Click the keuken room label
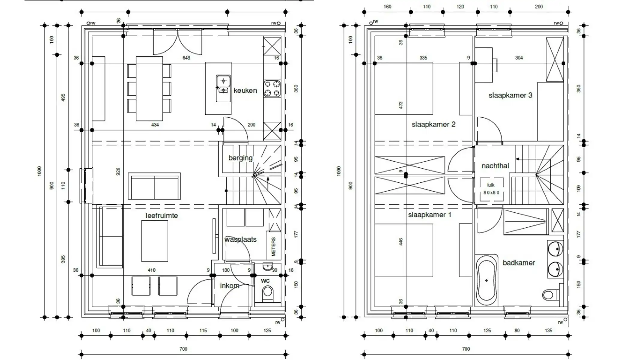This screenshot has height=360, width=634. pos(245,90)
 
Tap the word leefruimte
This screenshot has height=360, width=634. pos(162,215)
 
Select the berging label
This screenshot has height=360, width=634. pos(240,158)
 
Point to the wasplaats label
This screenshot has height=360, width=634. pos(240,239)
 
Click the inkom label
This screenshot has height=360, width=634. pos(230,286)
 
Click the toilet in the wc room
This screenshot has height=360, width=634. pos(268,292)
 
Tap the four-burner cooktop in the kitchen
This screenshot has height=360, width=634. pos(272,88)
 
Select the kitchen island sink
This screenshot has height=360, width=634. pos(223,85)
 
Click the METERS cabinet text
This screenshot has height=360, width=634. pos(273,247)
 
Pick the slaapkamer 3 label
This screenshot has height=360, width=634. pos(510,95)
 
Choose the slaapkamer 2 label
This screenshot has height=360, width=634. pos(433,124)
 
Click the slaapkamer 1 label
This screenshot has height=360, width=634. pos(429,215)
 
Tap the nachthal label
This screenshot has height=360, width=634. pos(495,166)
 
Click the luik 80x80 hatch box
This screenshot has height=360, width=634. pos(491,189)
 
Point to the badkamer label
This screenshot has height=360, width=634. pos(519,263)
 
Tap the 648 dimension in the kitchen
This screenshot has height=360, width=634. pos(186,58)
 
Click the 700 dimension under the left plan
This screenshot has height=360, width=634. pos(183,349)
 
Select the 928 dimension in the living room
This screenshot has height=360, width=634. pos(118,172)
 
